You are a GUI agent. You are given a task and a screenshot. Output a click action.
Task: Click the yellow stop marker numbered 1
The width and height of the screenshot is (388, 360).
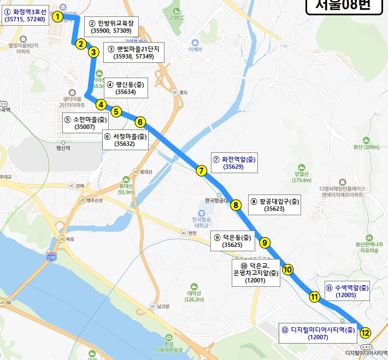point(57,17)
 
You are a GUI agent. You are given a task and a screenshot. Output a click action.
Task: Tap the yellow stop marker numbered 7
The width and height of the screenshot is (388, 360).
point(202,170)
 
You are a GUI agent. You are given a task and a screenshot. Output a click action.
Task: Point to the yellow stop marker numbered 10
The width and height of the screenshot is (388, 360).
point(288,269)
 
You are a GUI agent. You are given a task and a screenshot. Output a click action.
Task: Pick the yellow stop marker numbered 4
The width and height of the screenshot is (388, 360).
point(101,104)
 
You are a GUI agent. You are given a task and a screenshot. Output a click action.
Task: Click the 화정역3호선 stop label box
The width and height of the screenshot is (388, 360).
point(25,15)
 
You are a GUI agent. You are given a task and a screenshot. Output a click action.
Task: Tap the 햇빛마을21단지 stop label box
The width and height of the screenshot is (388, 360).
point(133,52)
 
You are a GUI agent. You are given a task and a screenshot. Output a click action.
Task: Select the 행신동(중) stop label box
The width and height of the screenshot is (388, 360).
point(125,88)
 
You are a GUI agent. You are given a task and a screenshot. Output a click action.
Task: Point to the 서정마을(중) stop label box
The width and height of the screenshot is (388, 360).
point(125,140)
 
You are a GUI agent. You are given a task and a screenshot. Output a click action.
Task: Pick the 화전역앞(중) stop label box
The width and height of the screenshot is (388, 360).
point(234,163)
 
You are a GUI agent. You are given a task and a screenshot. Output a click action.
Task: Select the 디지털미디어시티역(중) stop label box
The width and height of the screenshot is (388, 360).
point(318,333)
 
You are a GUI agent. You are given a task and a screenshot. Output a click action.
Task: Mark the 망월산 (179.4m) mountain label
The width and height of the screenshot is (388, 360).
point(302,175)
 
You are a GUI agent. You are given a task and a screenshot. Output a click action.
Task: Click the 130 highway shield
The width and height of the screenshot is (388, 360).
point(51,257)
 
